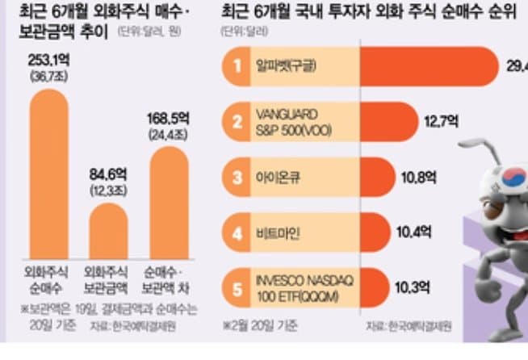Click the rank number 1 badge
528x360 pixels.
click(237, 67)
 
